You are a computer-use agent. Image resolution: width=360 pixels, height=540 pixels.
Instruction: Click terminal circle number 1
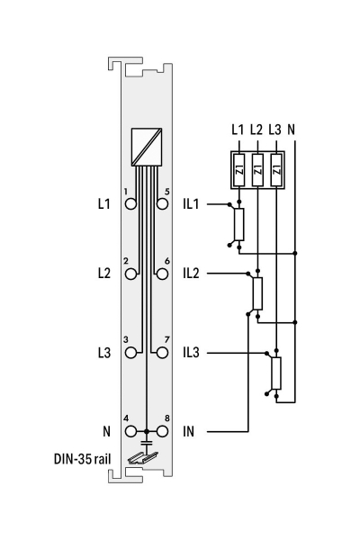130,204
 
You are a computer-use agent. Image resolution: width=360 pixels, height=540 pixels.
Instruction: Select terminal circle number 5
162,204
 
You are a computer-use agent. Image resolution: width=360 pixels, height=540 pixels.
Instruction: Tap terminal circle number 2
130,274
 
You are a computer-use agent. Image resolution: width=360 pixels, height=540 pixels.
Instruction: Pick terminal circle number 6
162,274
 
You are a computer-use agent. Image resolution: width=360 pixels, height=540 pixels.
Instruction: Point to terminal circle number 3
130,353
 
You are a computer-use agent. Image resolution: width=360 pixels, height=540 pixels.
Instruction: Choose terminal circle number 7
162,353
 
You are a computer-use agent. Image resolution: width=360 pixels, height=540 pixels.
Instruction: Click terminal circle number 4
130,431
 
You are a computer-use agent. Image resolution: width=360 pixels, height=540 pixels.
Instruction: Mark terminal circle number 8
162,431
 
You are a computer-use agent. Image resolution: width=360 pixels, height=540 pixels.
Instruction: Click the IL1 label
191,204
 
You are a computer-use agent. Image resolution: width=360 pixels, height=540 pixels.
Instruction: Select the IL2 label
191,274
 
